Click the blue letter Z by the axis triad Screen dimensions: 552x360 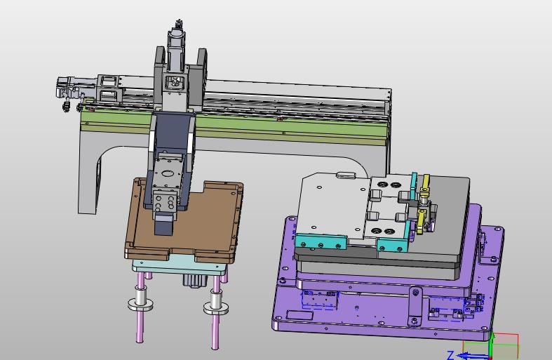(450, 354)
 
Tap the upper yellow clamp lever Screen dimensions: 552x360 (426, 184)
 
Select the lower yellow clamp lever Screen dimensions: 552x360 (421, 221)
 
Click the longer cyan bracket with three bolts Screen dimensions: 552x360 (321, 241)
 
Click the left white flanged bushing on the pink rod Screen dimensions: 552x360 (140, 299)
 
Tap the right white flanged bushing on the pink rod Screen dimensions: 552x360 (216, 303)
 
